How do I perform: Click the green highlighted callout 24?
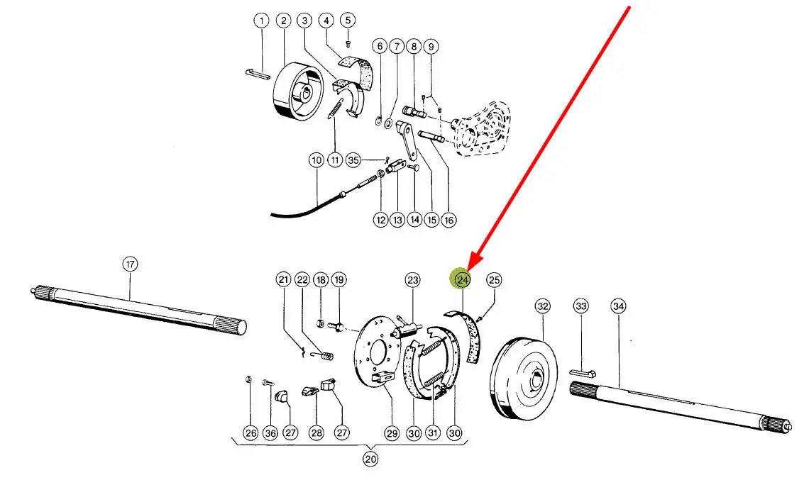point(463,280)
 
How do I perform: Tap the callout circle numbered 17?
point(129,264)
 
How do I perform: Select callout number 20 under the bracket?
point(370,459)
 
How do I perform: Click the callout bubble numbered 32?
point(543,306)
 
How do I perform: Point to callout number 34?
point(618,306)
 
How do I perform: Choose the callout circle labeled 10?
point(316,161)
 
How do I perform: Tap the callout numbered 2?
point(283,21)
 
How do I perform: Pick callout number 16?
point(448,220)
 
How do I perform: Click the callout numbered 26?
point(250,432)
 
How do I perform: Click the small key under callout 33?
point(583,372)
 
